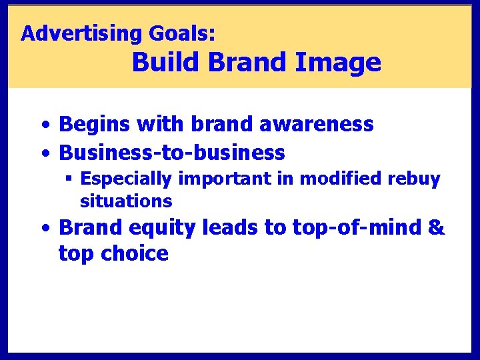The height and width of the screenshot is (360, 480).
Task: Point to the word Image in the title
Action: [338, 63]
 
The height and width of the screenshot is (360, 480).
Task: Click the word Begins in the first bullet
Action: [95, 124]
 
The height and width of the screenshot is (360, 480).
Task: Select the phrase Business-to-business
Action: [172, 153]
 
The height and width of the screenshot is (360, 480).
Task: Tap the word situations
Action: [126, 201]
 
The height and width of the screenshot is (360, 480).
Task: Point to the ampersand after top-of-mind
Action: [435, 227]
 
